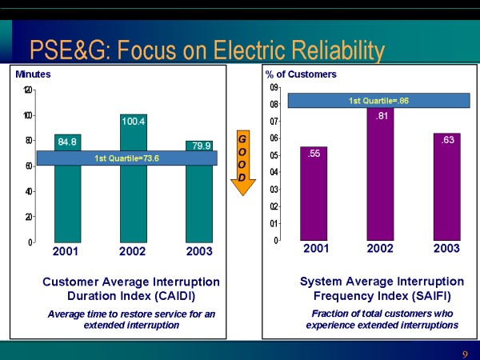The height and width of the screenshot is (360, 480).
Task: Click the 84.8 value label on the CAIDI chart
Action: pos(67,142)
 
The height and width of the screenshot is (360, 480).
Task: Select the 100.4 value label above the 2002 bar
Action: pos(133,122)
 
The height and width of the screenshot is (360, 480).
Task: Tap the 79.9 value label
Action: pos(198,145)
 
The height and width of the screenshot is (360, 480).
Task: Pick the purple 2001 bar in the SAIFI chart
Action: pos(315,200)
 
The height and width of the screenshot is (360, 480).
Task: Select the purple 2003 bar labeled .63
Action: pos(447,192)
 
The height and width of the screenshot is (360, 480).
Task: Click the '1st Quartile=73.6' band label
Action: pos(127,158)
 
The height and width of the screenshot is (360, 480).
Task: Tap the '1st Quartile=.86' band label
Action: pos(378,101)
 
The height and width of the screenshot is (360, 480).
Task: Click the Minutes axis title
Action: pos(33,74)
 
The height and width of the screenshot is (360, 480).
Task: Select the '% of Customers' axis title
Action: pos(301,74)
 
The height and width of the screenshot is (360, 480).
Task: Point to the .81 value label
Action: pos(382,115)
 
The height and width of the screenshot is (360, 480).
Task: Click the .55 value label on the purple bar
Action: pos(315,153)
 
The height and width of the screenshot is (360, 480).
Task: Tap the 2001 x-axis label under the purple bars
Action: pos(316,249)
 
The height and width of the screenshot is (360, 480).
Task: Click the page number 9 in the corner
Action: pos(465,354)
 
